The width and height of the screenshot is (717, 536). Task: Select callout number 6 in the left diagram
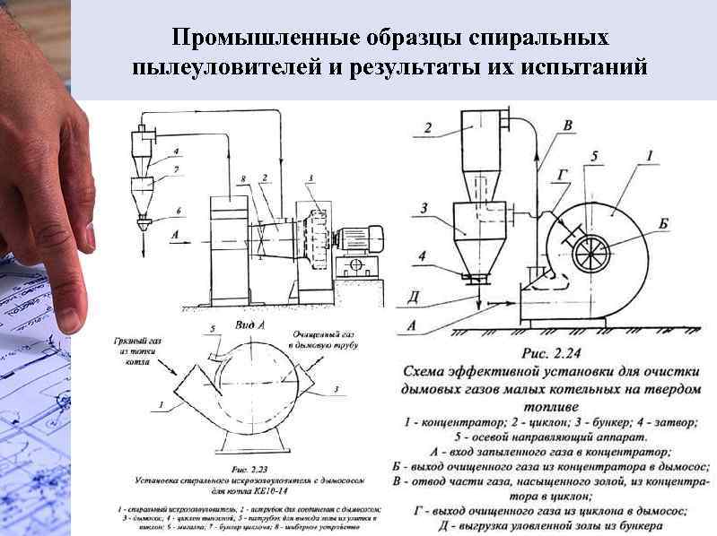click(x=179, y=212)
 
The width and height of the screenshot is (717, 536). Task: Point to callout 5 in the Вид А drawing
click(x=213, y=330)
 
